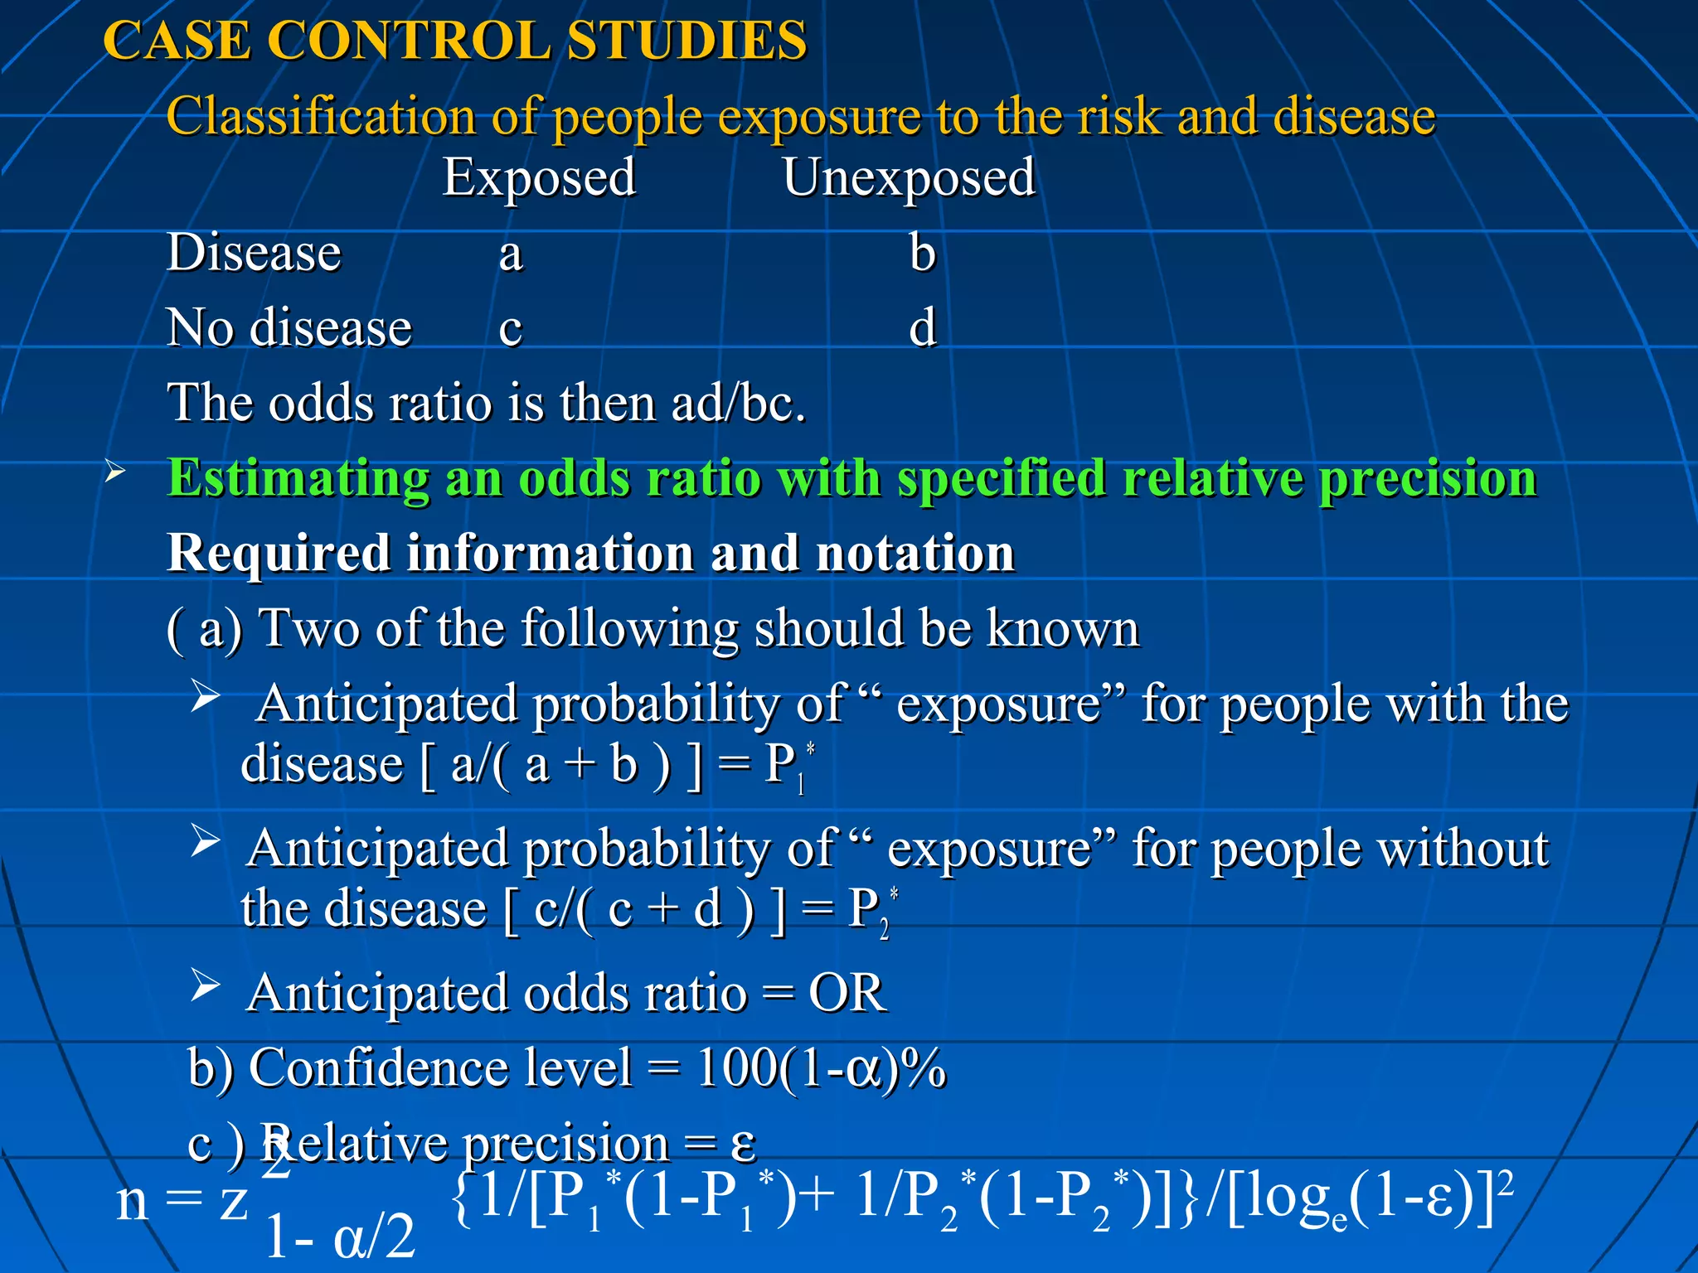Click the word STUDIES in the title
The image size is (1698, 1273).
coord(686,40)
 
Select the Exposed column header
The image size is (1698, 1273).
coord(539,177)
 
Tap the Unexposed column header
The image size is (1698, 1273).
coord(909,177)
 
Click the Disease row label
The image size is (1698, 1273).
coord(254,252)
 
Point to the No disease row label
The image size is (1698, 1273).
coord(289,327)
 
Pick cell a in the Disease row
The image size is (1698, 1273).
coord(511,254)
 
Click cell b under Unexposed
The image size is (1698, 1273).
coord(922,252)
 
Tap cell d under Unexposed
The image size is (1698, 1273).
coord(922,327)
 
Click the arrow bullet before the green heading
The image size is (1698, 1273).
coord(115,472)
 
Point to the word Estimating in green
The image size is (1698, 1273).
coord(298,478)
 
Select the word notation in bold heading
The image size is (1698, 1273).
coord(915,553)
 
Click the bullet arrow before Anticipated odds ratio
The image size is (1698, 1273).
coord(205,985)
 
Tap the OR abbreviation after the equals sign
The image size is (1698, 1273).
coord(847,992)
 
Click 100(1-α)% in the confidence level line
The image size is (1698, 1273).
coord(821,1067)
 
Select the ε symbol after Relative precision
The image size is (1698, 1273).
coord(743,1144)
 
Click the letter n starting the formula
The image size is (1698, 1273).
coord(133,1202)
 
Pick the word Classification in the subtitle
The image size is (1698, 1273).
coord(321,115)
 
